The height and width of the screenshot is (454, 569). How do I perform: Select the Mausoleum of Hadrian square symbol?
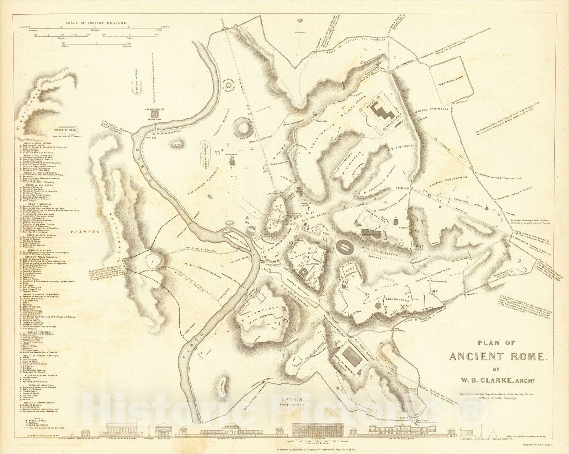coord(155,113)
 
